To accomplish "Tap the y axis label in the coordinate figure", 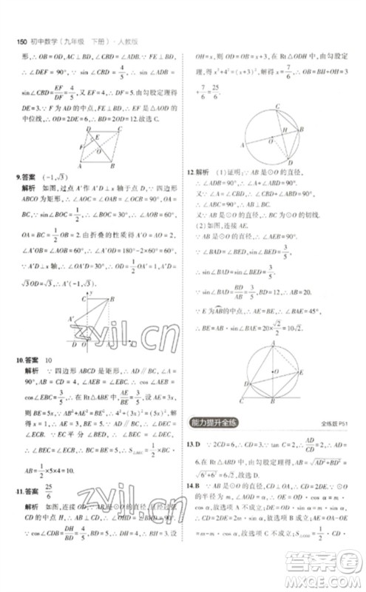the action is point(90,294).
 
